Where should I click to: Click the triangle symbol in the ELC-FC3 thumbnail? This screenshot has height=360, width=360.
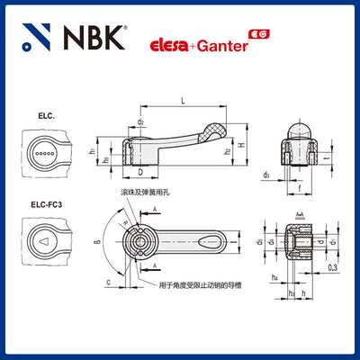45,241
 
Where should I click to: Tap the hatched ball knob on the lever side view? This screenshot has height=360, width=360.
216,128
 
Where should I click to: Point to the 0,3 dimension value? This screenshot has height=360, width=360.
334,267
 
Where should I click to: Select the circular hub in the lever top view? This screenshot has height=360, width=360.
140,241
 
